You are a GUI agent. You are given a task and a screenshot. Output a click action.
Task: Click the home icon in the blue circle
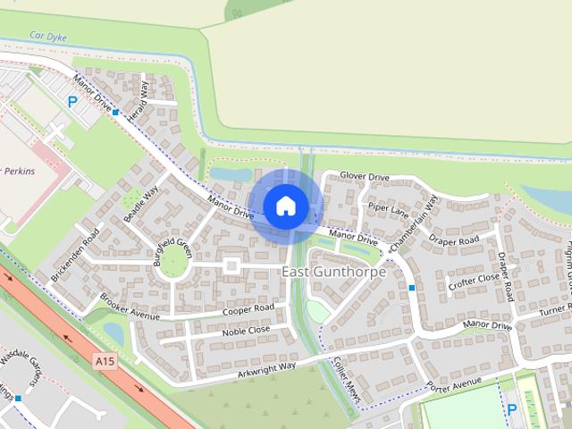click(285, 206)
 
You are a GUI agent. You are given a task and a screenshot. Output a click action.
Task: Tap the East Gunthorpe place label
click(334, 272)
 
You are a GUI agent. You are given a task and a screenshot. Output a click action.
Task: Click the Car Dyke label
click(49, 38)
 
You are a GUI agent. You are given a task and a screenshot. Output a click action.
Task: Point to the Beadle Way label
click(141, 206)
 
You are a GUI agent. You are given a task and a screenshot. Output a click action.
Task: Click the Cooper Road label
click(249, 308)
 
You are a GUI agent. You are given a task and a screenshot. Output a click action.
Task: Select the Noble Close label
click(246, 331)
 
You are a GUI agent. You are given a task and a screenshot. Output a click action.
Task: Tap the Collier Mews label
click(345, 379)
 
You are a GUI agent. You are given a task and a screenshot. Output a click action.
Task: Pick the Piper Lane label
click(388, 214)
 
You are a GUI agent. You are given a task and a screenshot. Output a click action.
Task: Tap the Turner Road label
click(554, 309)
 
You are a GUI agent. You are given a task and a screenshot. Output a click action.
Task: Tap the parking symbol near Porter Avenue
click(512, 409)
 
